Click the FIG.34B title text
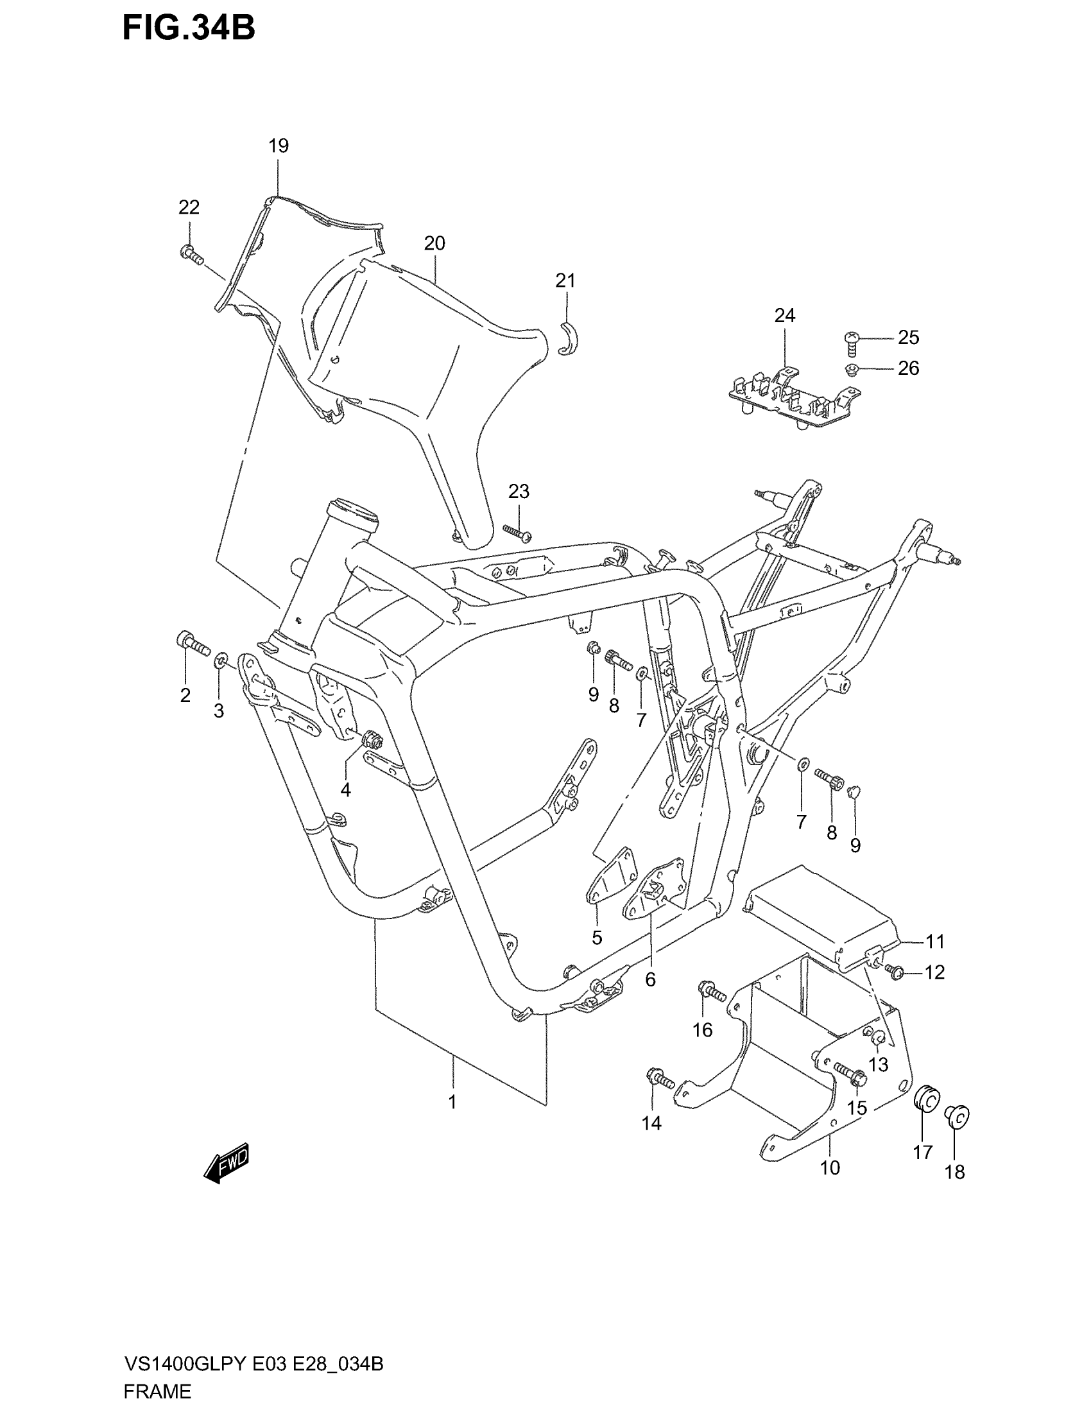tap(189, 28)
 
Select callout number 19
tap(279, 146)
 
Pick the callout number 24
tap(785, 316)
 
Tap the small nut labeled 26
tap(852, 370)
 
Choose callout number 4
tap(346, 789)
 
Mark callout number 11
tap(935, 942)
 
